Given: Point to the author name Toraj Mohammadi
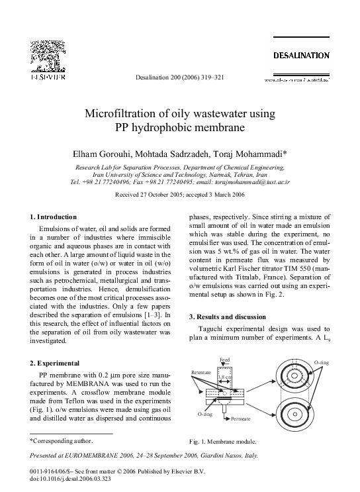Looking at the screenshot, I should coord(248,154).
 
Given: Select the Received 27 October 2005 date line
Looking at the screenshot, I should coord(146,195).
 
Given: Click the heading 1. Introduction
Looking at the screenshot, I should coord(54,217).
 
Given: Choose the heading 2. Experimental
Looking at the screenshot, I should coord(56,363).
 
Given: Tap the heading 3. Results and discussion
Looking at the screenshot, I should coord(228,317).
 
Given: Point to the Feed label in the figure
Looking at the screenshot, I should coord(224,360).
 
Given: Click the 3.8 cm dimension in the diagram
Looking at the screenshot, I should coord(225,377).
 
